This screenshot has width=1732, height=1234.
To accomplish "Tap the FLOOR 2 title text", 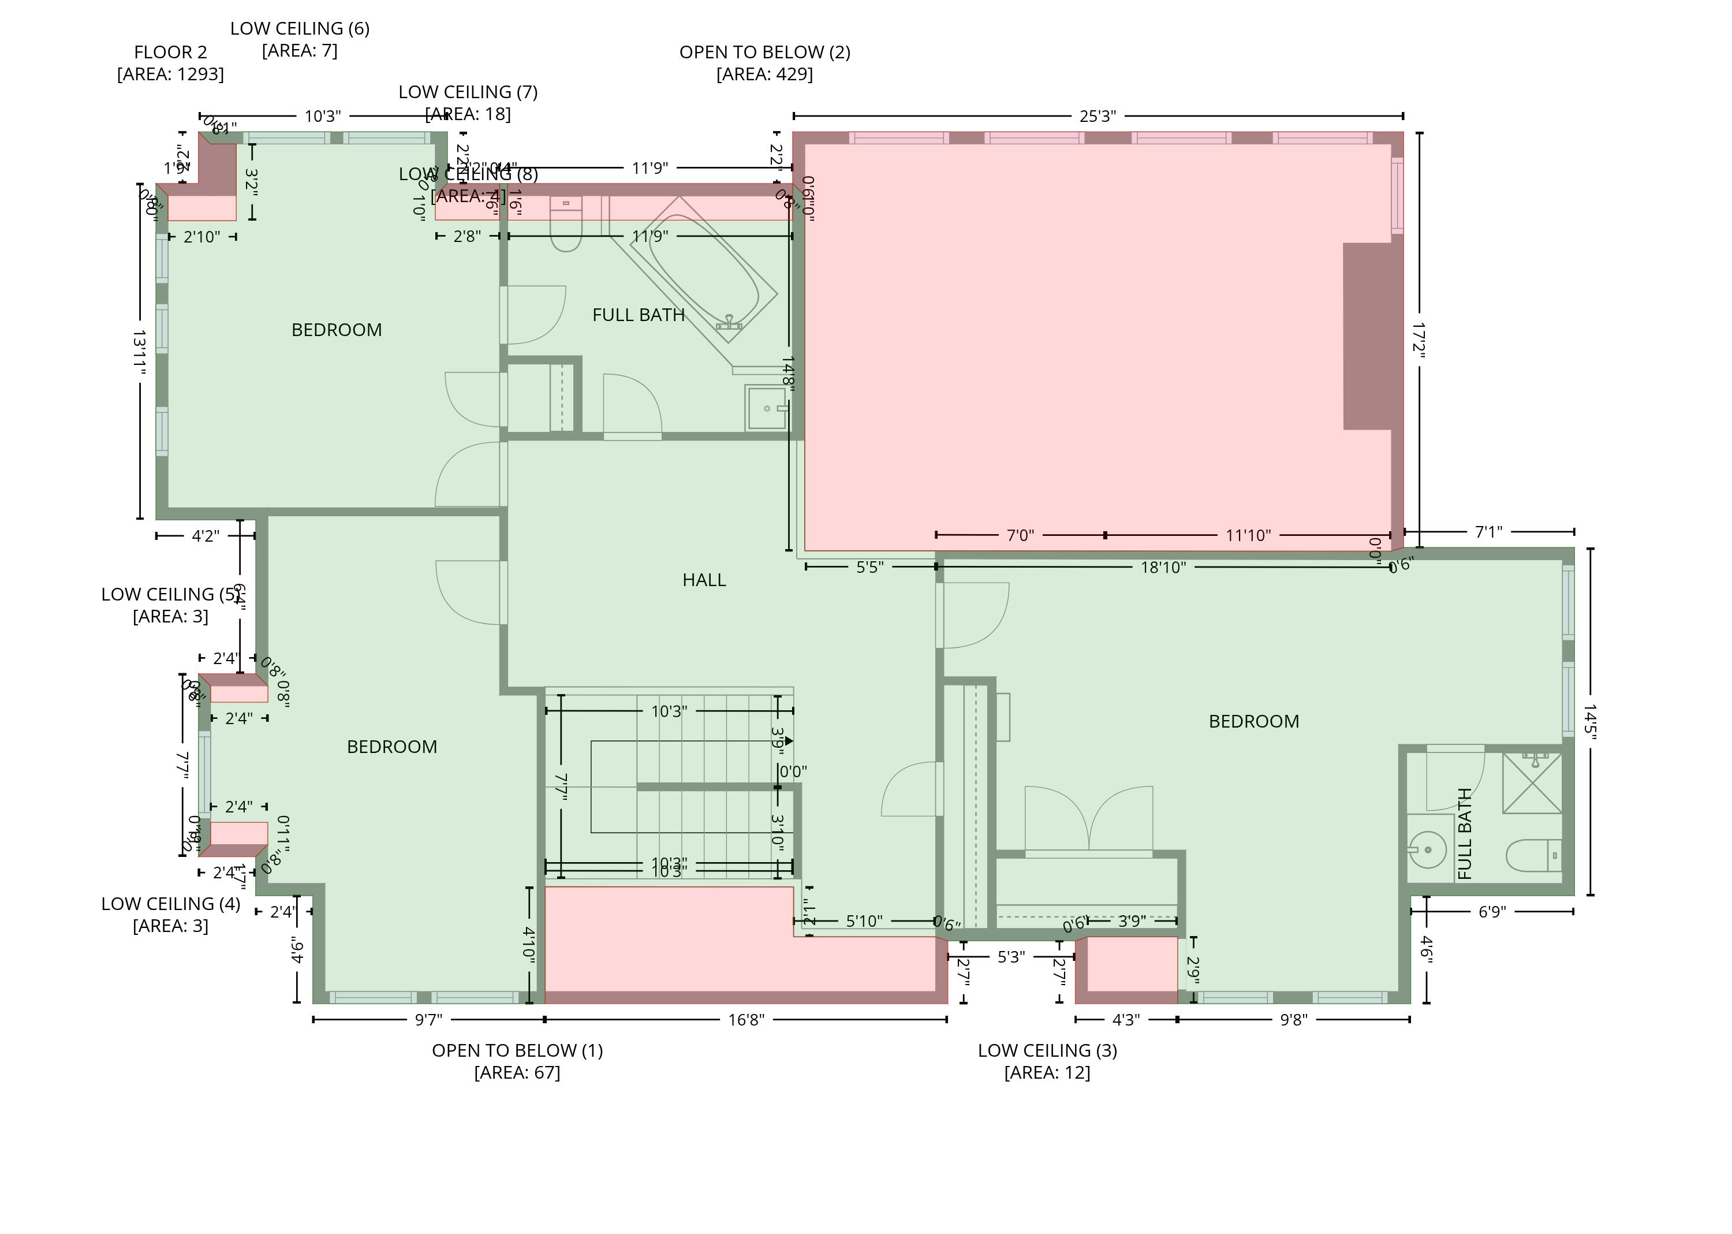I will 170,53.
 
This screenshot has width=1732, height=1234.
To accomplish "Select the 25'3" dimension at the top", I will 1097,116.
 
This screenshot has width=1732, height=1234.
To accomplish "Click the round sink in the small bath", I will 1427,849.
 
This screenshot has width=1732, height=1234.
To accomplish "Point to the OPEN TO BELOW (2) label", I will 764,53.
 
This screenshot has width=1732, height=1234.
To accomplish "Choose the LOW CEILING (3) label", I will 1047,1051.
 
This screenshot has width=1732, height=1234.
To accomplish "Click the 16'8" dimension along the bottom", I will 746,1020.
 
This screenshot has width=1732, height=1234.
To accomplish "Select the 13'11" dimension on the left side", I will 140,352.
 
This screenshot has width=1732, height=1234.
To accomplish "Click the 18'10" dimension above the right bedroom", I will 1162,568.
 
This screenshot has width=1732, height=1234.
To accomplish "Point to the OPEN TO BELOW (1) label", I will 517,1051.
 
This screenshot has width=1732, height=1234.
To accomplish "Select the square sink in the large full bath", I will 767,408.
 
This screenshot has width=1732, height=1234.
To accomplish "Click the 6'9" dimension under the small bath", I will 1491,912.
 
